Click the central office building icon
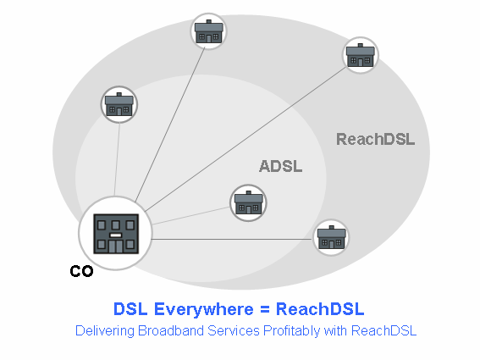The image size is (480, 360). [116, 234]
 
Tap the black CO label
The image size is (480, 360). [81, 271]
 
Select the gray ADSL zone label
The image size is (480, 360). [281, 166]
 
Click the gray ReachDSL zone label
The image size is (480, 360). [375, 139]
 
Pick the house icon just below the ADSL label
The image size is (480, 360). [248, 202]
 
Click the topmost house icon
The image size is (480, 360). [209, 31]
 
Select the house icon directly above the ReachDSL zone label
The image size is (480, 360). [361, 55]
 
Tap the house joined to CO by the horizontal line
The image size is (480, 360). [331, 237]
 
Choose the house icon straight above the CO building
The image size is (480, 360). [119, 104]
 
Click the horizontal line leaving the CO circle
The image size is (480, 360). [232, 239]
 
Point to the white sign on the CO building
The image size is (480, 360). [116, 235]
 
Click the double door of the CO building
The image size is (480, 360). [116, 246]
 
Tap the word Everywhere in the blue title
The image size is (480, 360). [203, 309]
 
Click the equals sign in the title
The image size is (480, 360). [265, 309]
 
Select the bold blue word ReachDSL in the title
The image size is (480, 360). [320, 309]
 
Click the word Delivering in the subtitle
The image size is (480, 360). [105, 331]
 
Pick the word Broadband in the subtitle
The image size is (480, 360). [171, 331]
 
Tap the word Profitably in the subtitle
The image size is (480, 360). [291, 331]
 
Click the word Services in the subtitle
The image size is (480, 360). [234, 331]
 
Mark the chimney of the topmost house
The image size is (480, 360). [209, 22]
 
